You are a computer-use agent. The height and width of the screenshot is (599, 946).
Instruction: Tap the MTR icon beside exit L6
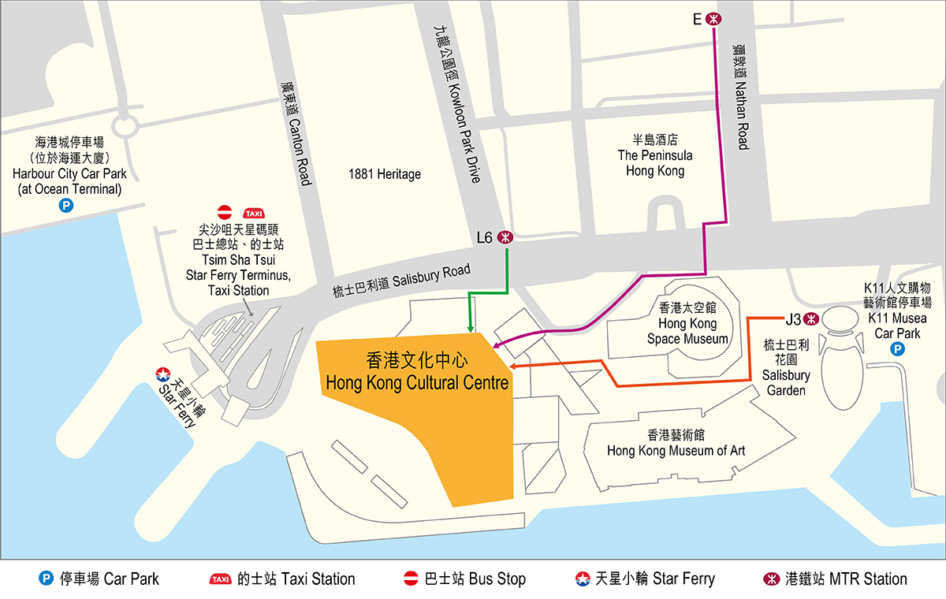505,236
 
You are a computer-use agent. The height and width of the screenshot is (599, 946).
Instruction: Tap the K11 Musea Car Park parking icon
896,349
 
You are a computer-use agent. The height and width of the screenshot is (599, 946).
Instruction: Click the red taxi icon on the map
254,213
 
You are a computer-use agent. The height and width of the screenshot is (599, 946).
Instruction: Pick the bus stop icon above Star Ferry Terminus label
225,212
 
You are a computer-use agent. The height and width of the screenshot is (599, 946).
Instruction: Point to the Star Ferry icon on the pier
163,374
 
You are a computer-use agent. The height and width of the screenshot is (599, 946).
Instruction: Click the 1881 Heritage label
385,173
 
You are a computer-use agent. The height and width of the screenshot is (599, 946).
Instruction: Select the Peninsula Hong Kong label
655,155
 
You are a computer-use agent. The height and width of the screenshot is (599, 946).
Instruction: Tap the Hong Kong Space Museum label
687,323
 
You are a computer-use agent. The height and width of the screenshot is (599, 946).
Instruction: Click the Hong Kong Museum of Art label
676,443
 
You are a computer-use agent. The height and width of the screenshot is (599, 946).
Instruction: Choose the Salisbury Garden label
786,368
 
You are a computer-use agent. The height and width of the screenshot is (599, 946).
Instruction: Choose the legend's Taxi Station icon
221,579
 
